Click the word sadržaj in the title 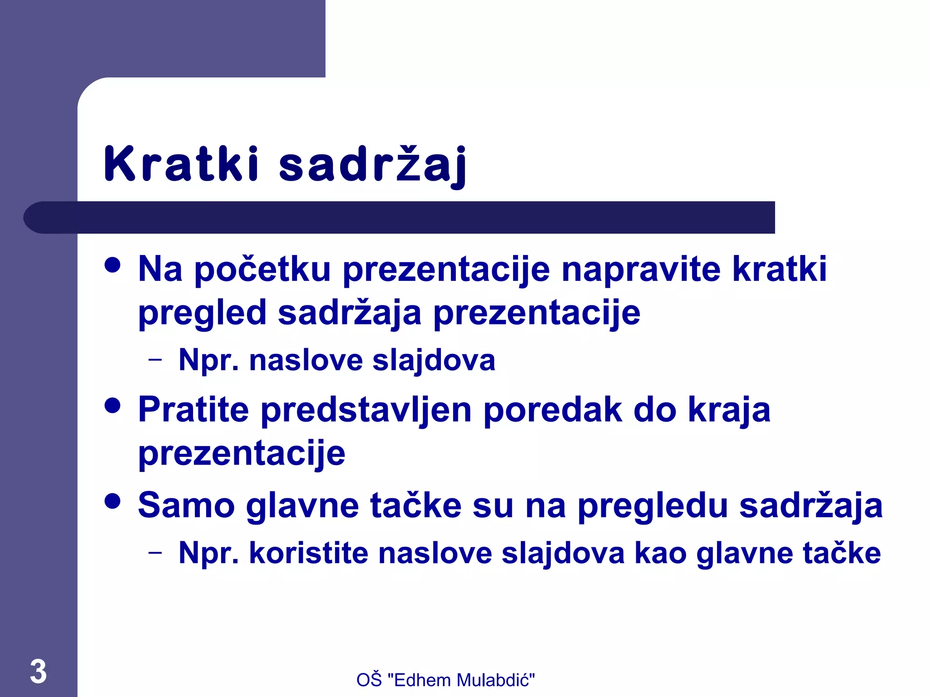(372, 165)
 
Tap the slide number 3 (38, 671)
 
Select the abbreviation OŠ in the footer (369, 680)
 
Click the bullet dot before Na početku (112, 265)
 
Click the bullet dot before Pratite (112, 405)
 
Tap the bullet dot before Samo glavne (112, 501)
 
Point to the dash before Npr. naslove (155, 360)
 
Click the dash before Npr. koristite (155, 552)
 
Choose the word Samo (186, 505)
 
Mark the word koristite (308, 553)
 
